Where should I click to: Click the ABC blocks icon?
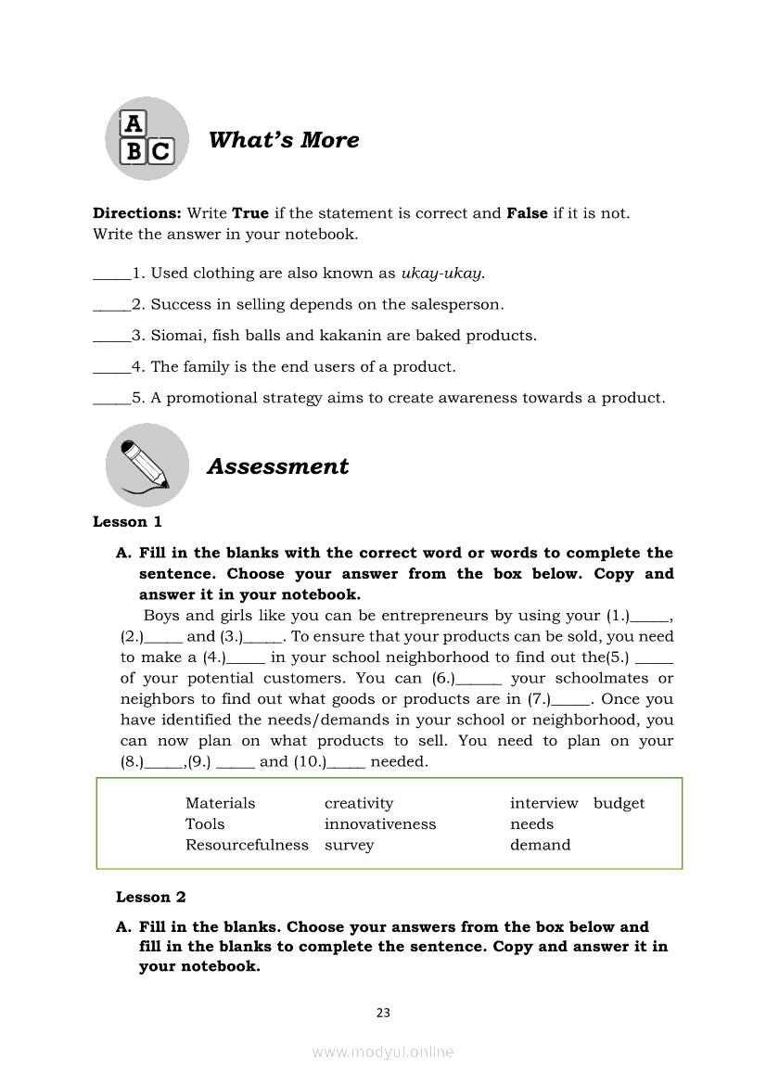(147, 138)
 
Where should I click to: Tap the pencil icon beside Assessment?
(147, 465)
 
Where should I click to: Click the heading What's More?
(284, 140)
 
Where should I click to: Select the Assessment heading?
(278, 466)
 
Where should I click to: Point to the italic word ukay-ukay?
(442, 273)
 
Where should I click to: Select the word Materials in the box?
(220, 803)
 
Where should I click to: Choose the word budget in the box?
(619, 803)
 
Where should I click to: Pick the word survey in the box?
(350, 845)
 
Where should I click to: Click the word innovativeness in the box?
(380, 824)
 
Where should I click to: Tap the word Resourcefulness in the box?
(247, 845)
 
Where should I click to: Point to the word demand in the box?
(541, 845)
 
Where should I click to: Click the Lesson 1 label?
(127, 522)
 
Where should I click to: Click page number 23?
(383, 1013)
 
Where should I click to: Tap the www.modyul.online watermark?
(383, 1052)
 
